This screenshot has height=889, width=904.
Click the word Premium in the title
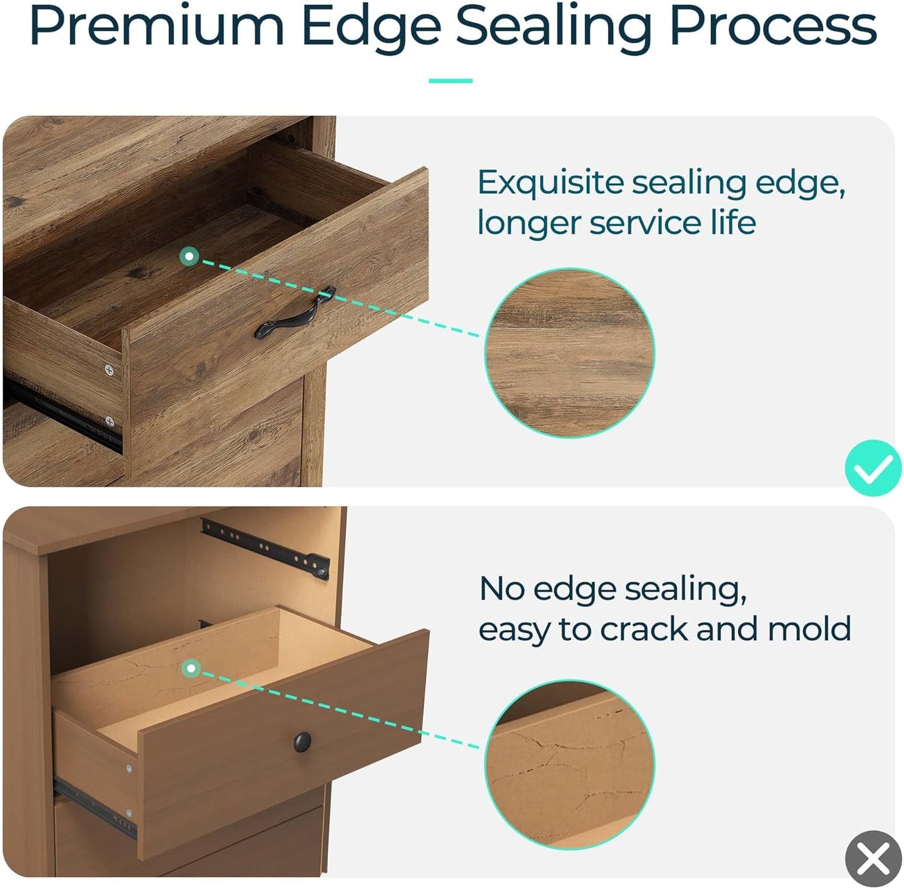pyautogui.click(x=157, y=27)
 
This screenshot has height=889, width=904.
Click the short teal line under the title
pyautogui.click(x=450, y=81)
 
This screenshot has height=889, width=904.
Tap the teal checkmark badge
pyautogui.click(x=873, y=468)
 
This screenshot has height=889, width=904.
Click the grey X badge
pyautogui.click(x=873, y=859)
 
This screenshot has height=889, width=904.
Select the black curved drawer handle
pyautogui.click(x=295, y=313)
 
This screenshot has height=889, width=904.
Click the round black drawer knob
pyautogui.click(x=302, y=741)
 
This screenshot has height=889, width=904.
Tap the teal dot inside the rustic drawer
pyautogui.click(x=189, y=256)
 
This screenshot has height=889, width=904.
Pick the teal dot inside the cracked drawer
pyautogui.click(x=191, y=668)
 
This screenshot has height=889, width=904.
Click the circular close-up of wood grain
pyautogui.click(x=569, y=353)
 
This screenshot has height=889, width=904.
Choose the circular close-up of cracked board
pyautogui.click(x=569, y=765)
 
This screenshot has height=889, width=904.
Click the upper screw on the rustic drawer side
pyautogui.click(x=109, y=370)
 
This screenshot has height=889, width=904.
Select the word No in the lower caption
pyautogui.click(x=502, y=589)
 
